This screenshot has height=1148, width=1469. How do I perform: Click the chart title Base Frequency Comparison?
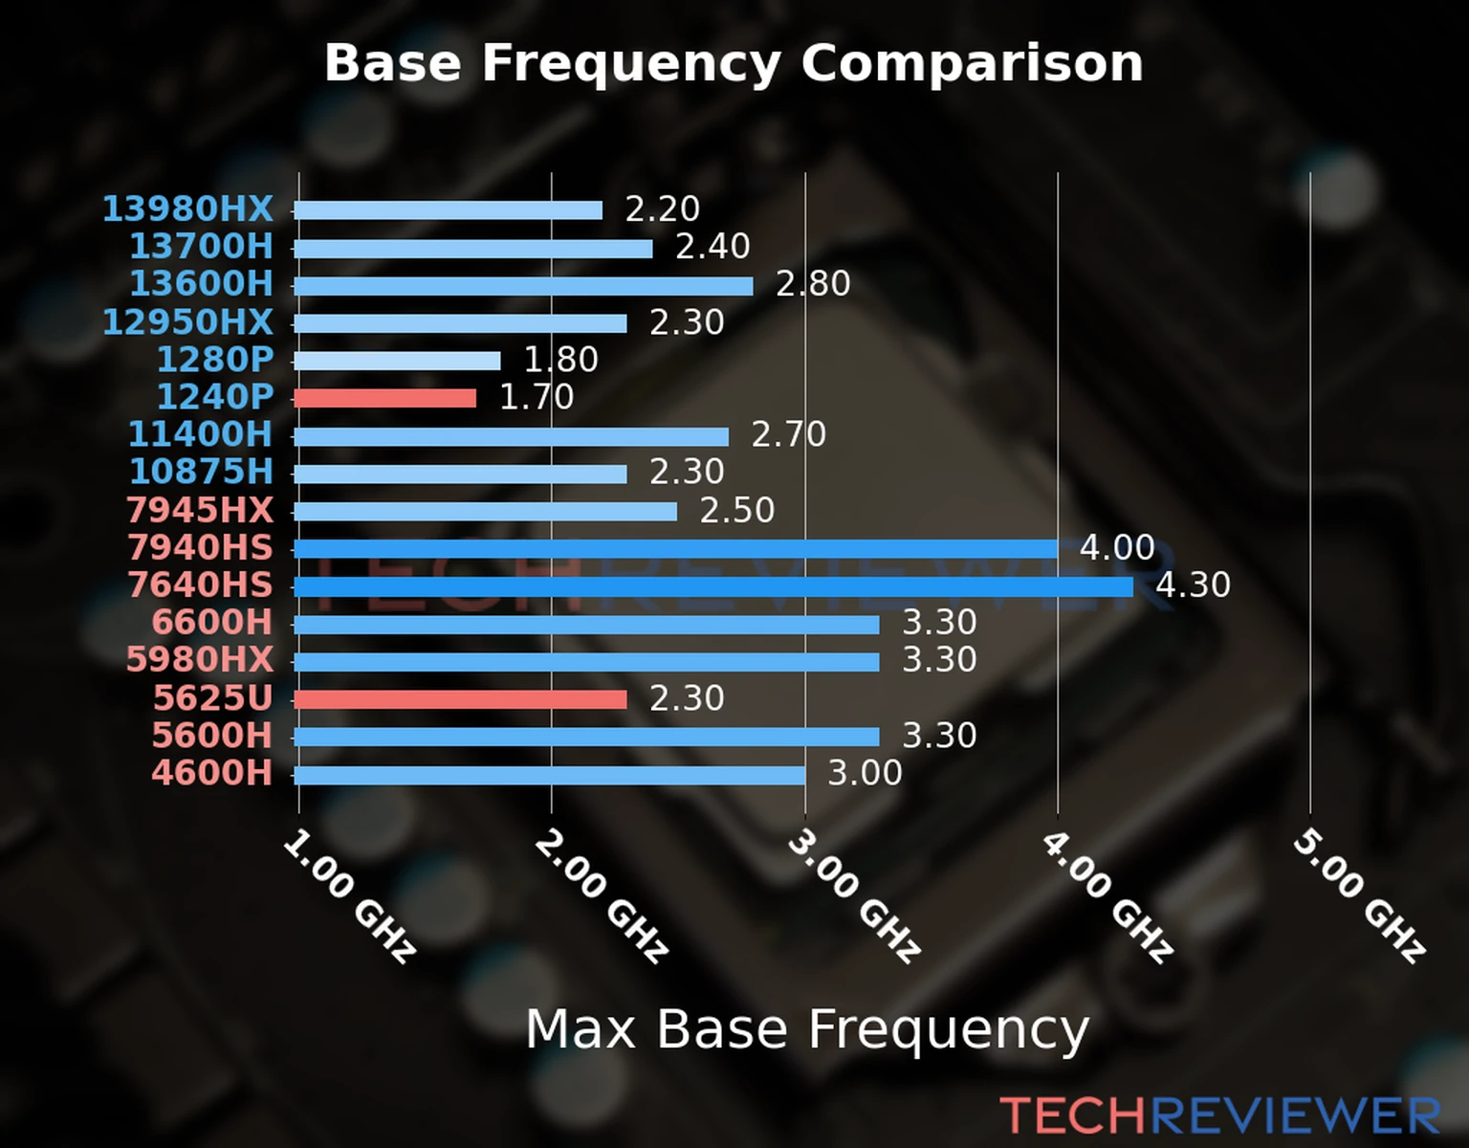pyautogui.click(x=734, y=63)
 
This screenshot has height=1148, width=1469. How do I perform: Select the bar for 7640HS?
pyautogui.click(x=713, y=586)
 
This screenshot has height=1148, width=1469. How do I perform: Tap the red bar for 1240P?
pyautogui.click(x=384, y=398)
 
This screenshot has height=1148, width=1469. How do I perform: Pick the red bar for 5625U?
pyautogui.click(x=460, y=699)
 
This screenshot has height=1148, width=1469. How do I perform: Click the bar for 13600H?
pyautogui.click(x=523, y=286)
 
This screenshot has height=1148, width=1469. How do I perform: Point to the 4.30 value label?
pyautogui.click(x=1193, y=585)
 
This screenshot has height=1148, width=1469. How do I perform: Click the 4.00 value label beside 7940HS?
pyautogui.click(x=1117, y=547)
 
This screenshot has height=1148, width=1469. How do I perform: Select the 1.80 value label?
pyautogui.click(x=560, y=360)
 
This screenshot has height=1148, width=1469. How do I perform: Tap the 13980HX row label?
pyautogui.click(x=187, y=209)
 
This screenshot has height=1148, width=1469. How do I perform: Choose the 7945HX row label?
pyautogui.click(x=199, y=510)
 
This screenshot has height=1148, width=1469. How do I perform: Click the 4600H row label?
pyautogui.click(x=211, y=773)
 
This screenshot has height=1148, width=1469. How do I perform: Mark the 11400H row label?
pyautogui.click(x=200, y=434)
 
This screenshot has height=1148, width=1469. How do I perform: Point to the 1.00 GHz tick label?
pyautogui.click(x=349, y=896)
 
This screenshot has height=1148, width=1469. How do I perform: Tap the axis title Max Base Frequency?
pyautogui.click(x=807, y=1029)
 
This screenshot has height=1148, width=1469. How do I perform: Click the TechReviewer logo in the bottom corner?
pyautogui.click(x=1219, y=1115)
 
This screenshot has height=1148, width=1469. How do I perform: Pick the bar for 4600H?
pyautogui.click(x=550, y=775)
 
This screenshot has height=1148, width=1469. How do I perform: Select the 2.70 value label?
pyautogui.click(x=788, y=434)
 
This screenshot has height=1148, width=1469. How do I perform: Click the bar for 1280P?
pyautogui.click(x=397, y=361)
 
